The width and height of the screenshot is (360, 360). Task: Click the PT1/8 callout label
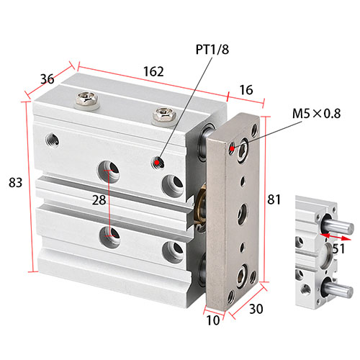(212, 50)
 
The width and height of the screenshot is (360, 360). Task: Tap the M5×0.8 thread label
(316, 114)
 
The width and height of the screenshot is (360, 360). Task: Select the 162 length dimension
(153, 71)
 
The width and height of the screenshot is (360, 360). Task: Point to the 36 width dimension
(48, 79)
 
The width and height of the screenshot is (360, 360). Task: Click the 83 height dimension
(15, 182)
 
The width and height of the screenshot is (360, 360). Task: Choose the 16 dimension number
(246, 90)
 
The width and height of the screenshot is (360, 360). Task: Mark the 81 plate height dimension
(274, 199)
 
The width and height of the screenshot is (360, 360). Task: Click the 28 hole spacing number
(99, 200)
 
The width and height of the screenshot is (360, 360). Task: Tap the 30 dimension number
(256, 309)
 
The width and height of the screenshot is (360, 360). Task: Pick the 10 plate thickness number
(213, 320)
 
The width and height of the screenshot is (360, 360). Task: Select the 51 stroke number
(338, 248)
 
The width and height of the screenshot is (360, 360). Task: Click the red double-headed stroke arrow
(336, 236)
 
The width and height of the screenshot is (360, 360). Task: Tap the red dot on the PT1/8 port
(157, 163)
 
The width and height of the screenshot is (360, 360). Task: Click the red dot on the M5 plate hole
(232, 148)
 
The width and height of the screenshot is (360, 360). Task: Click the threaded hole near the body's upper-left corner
(53, 140)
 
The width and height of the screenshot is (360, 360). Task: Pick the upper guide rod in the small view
(338, 225)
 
